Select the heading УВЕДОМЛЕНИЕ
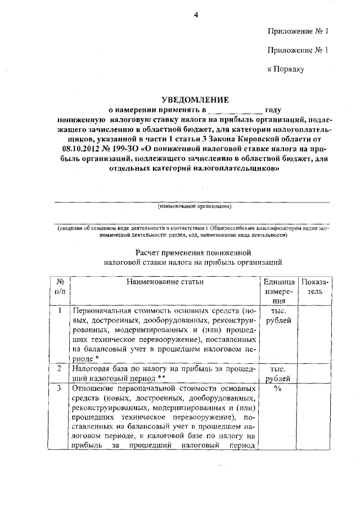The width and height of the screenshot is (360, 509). coord(192,100)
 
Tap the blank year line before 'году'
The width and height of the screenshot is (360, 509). coord(235,110)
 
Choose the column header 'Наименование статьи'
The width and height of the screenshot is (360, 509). coord(165,281)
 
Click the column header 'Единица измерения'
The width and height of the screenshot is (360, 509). coord(279,291)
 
